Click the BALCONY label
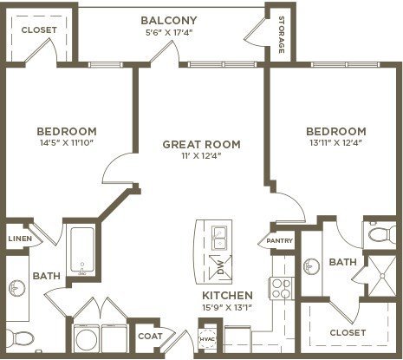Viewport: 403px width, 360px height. coord(169,21)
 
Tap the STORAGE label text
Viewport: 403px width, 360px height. coord(281,35)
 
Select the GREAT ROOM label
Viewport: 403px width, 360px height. coord(201,144)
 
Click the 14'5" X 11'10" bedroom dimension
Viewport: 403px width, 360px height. coord(68,142)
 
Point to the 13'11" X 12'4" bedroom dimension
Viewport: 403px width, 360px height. coord(336,142)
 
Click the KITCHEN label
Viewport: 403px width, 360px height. coord(227,296)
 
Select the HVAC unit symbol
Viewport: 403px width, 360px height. coord(207,338)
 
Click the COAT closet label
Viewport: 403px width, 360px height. coord(150,337)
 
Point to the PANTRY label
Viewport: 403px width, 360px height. coord(280,240)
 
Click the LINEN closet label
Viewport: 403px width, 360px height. coord(20,239)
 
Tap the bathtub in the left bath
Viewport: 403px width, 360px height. coord(82,251)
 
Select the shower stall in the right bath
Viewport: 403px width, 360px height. coord(382,276)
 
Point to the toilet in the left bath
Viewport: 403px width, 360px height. coord(20,337)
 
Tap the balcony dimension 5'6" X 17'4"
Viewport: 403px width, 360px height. coord(169,32)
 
